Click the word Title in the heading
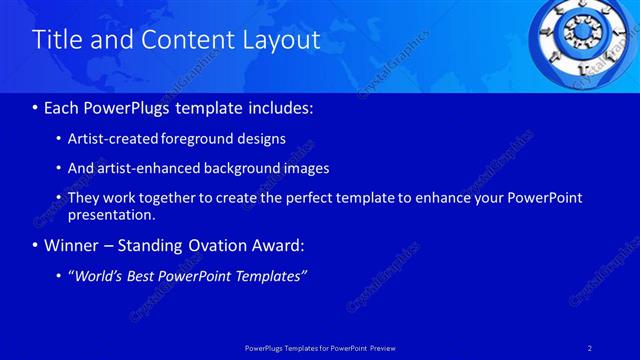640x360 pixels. point(57,40)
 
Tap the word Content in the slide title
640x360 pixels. point(183,40)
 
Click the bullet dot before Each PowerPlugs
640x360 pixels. point(36,107)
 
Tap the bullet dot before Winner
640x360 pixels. point(36,245)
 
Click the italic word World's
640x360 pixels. point(102,276)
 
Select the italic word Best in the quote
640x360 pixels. point(154,276)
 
